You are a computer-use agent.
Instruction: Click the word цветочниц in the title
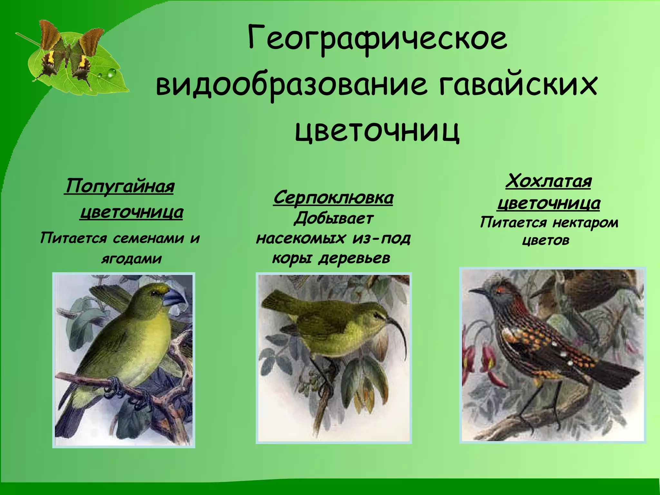tap(377, 131)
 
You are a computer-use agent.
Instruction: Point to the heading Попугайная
tap(120, 187)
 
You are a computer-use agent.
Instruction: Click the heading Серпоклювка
tap(333, 198)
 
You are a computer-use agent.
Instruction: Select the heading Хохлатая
tap(548, 181)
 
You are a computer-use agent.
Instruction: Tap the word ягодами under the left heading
tap(131, 259)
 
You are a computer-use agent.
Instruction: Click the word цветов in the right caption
tap(546, 240)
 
